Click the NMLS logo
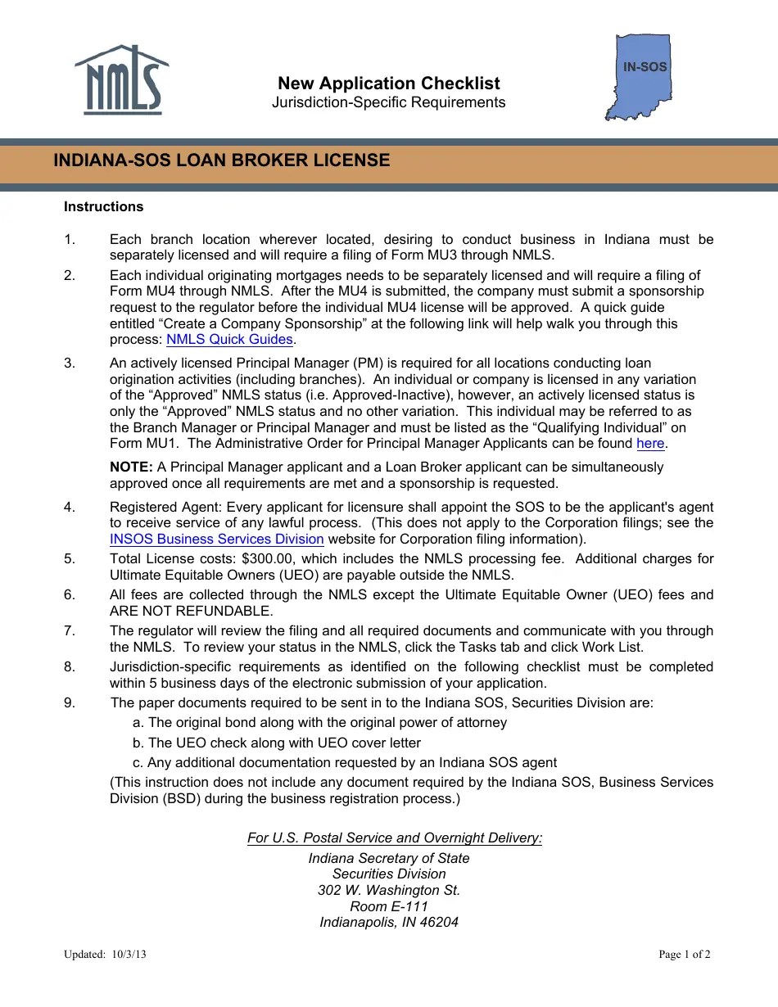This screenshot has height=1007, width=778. pyautogui.click(x=121, y=80)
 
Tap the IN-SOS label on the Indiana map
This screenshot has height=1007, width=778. pyautogui.click(x=645, y=67)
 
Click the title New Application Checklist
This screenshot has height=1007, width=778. pyautogui.click(x=388, y=84)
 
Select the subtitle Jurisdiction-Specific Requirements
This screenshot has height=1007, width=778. pyautogui.click(x=388, y=102)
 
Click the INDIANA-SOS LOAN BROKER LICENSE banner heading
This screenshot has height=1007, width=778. pyautogui.click(x=222, y=160)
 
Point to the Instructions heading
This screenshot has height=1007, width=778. pyautogui.click(x=103, y=207)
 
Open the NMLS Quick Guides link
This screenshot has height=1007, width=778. pyautogui.click(x=229, y=340)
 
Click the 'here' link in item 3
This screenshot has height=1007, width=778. pyautogui.click(x=650, y=444)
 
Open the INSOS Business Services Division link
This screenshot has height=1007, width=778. pyautogui.click(x=217, y=540)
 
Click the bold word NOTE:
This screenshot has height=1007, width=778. pyautogui.click(x=131, y=467)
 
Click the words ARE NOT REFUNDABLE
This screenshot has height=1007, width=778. pyautogui.click(x=191, y=612)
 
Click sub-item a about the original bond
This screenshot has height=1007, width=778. pyautogui.click(x=319, y=723)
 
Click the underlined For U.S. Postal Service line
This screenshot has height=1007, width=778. pyautogui.click(x=395, y=838)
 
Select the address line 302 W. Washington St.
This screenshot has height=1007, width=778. pyautogui.click(x=389, y=891)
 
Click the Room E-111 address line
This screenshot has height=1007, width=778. pyautogui.click(x=389, y=907)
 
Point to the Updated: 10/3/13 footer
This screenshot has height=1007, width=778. pyautogui.click(x=105, y=955)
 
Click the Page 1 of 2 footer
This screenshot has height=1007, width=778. pyautogui.click(x=685, y=955)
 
